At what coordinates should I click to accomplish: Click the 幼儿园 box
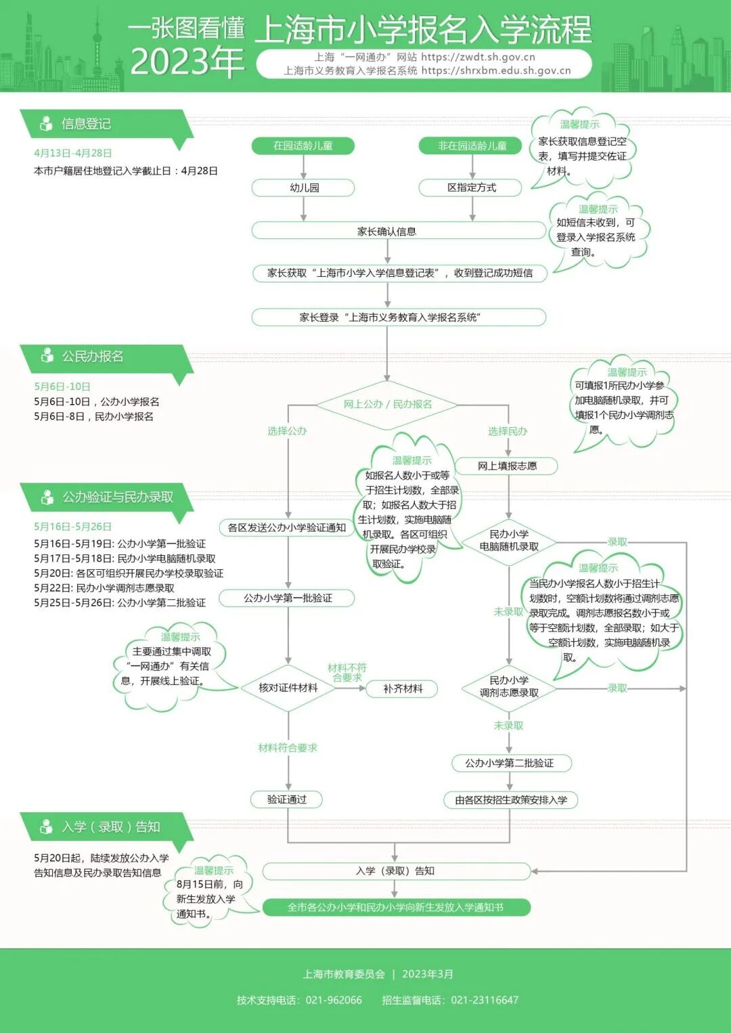[x=303, y=188]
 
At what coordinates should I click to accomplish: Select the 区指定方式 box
[x=471, y=188]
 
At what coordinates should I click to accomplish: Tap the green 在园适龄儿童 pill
[x=303, y=146]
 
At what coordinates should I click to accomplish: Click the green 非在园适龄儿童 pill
[x=471, y=146]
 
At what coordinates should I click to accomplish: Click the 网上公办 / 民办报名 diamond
[x=387, y=404]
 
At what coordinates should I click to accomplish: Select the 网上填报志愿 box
[x=507, y=466]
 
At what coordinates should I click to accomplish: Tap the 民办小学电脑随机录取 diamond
[x=509, y=541]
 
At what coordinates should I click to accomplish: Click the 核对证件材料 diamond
[x=288, y=688]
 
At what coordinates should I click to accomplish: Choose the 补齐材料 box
[x=402, y=688]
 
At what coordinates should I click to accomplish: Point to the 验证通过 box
[x=286, y=799]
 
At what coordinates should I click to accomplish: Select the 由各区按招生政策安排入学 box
[x=510, y=800]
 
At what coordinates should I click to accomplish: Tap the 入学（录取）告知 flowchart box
[x=396, y=871]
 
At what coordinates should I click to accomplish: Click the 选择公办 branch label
[x=287, y=431]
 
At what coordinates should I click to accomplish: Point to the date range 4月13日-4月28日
[x=73, y=153]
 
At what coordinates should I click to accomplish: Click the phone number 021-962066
[x=334, y=1000]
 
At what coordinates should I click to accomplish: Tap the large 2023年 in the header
[x=187, y=62]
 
